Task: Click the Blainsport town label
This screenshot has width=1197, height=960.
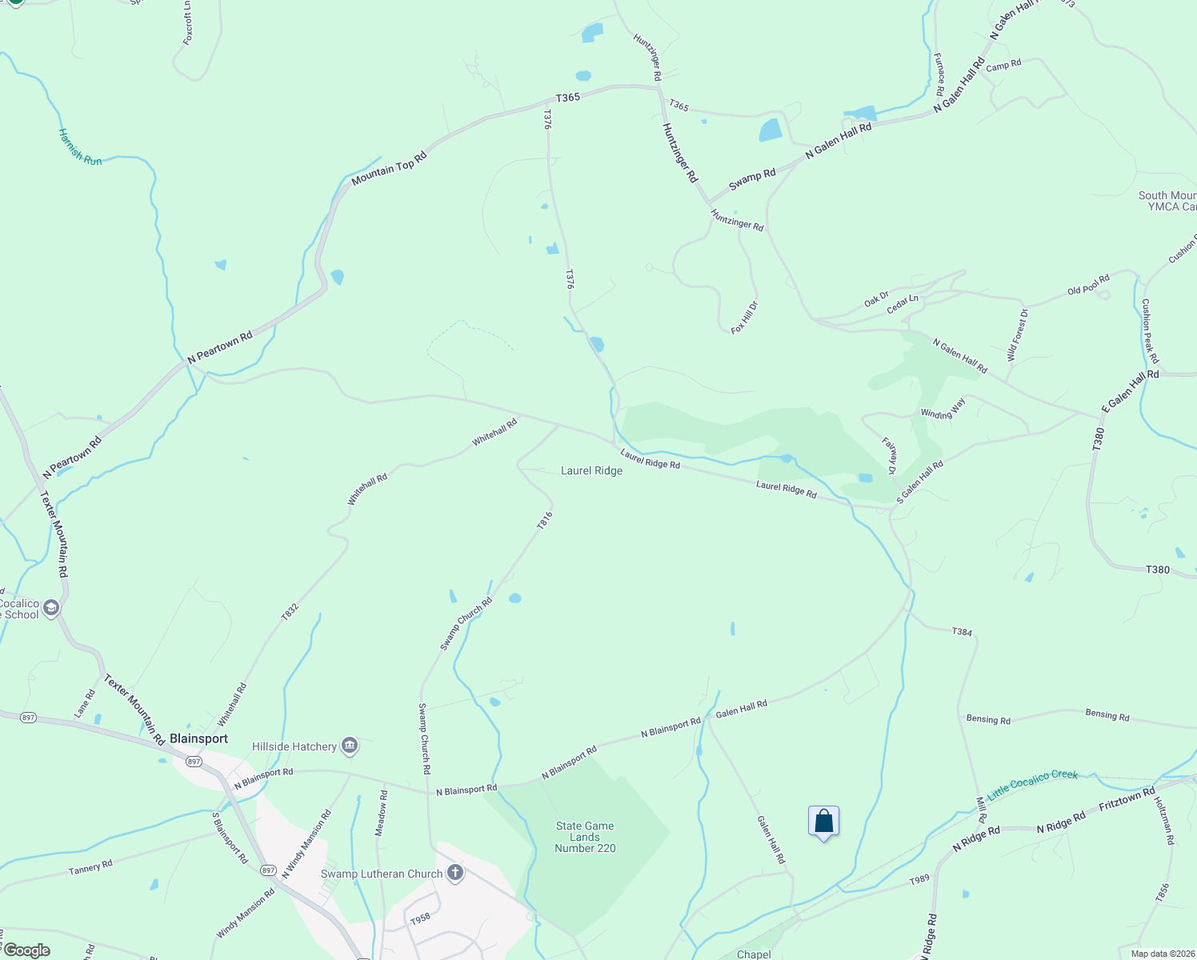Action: click(x=198, y=738)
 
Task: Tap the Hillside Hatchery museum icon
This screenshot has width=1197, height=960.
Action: click(x=350, y=746)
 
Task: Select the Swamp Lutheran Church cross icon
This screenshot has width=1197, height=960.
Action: click(x=455, y=873)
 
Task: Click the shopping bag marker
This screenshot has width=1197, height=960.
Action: click(x=823, y=822)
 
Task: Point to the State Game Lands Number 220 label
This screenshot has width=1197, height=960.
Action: click(x=585, y=837)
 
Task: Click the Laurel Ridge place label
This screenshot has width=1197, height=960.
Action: click(x=591, y=470)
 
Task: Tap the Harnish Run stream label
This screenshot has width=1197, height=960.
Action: click(x=80, y=148)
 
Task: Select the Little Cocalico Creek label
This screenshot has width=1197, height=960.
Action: click(x=1032, y=784)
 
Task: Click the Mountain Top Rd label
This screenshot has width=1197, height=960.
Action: click(x=389, y=168)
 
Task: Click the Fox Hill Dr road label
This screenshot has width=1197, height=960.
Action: click(x=744, y=318)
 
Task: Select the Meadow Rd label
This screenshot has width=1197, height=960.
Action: click(x=382, y=814)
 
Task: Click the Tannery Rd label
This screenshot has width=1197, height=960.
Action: click(x=90, y=867)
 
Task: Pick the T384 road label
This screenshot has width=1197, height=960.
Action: click(x=962, y=632)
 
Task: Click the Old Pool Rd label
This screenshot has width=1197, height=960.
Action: click(x=1088, y=285)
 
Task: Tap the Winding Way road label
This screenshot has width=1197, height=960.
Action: click(x=943, y=409)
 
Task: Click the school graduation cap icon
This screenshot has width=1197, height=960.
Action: click(x=51, y=609)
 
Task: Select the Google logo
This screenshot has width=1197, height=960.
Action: click(x=26, y=950)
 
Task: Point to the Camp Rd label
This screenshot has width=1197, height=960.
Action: click(x=1003, y=66)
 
